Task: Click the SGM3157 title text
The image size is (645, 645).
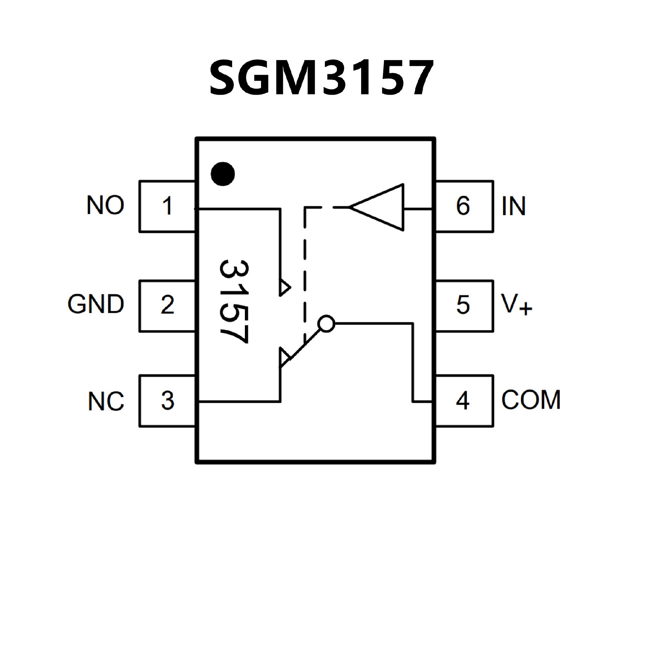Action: coord(321,78)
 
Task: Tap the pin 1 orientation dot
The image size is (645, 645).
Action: coord(222,174)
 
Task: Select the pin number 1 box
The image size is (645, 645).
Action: coord(167,206)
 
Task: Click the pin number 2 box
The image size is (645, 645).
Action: coord(167,305)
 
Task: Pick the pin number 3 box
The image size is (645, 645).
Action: coord(167,400)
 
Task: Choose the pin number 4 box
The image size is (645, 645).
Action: coord(464,400)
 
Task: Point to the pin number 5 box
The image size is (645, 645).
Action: coord(464,305)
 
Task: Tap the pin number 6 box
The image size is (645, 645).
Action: coord(464,206)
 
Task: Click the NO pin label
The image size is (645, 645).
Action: coord(105,205)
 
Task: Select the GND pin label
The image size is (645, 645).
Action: coord(96,304)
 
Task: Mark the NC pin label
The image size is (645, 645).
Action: coord(106,401)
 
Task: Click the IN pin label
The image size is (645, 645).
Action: coord(513,206)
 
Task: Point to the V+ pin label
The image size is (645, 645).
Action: coord(516,304)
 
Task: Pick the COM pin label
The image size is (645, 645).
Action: coord(531,400)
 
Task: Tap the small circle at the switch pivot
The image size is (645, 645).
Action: coord(327,324)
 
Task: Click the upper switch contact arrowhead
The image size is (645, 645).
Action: coord(284,287)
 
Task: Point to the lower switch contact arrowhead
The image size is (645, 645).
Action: coord(285,357)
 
